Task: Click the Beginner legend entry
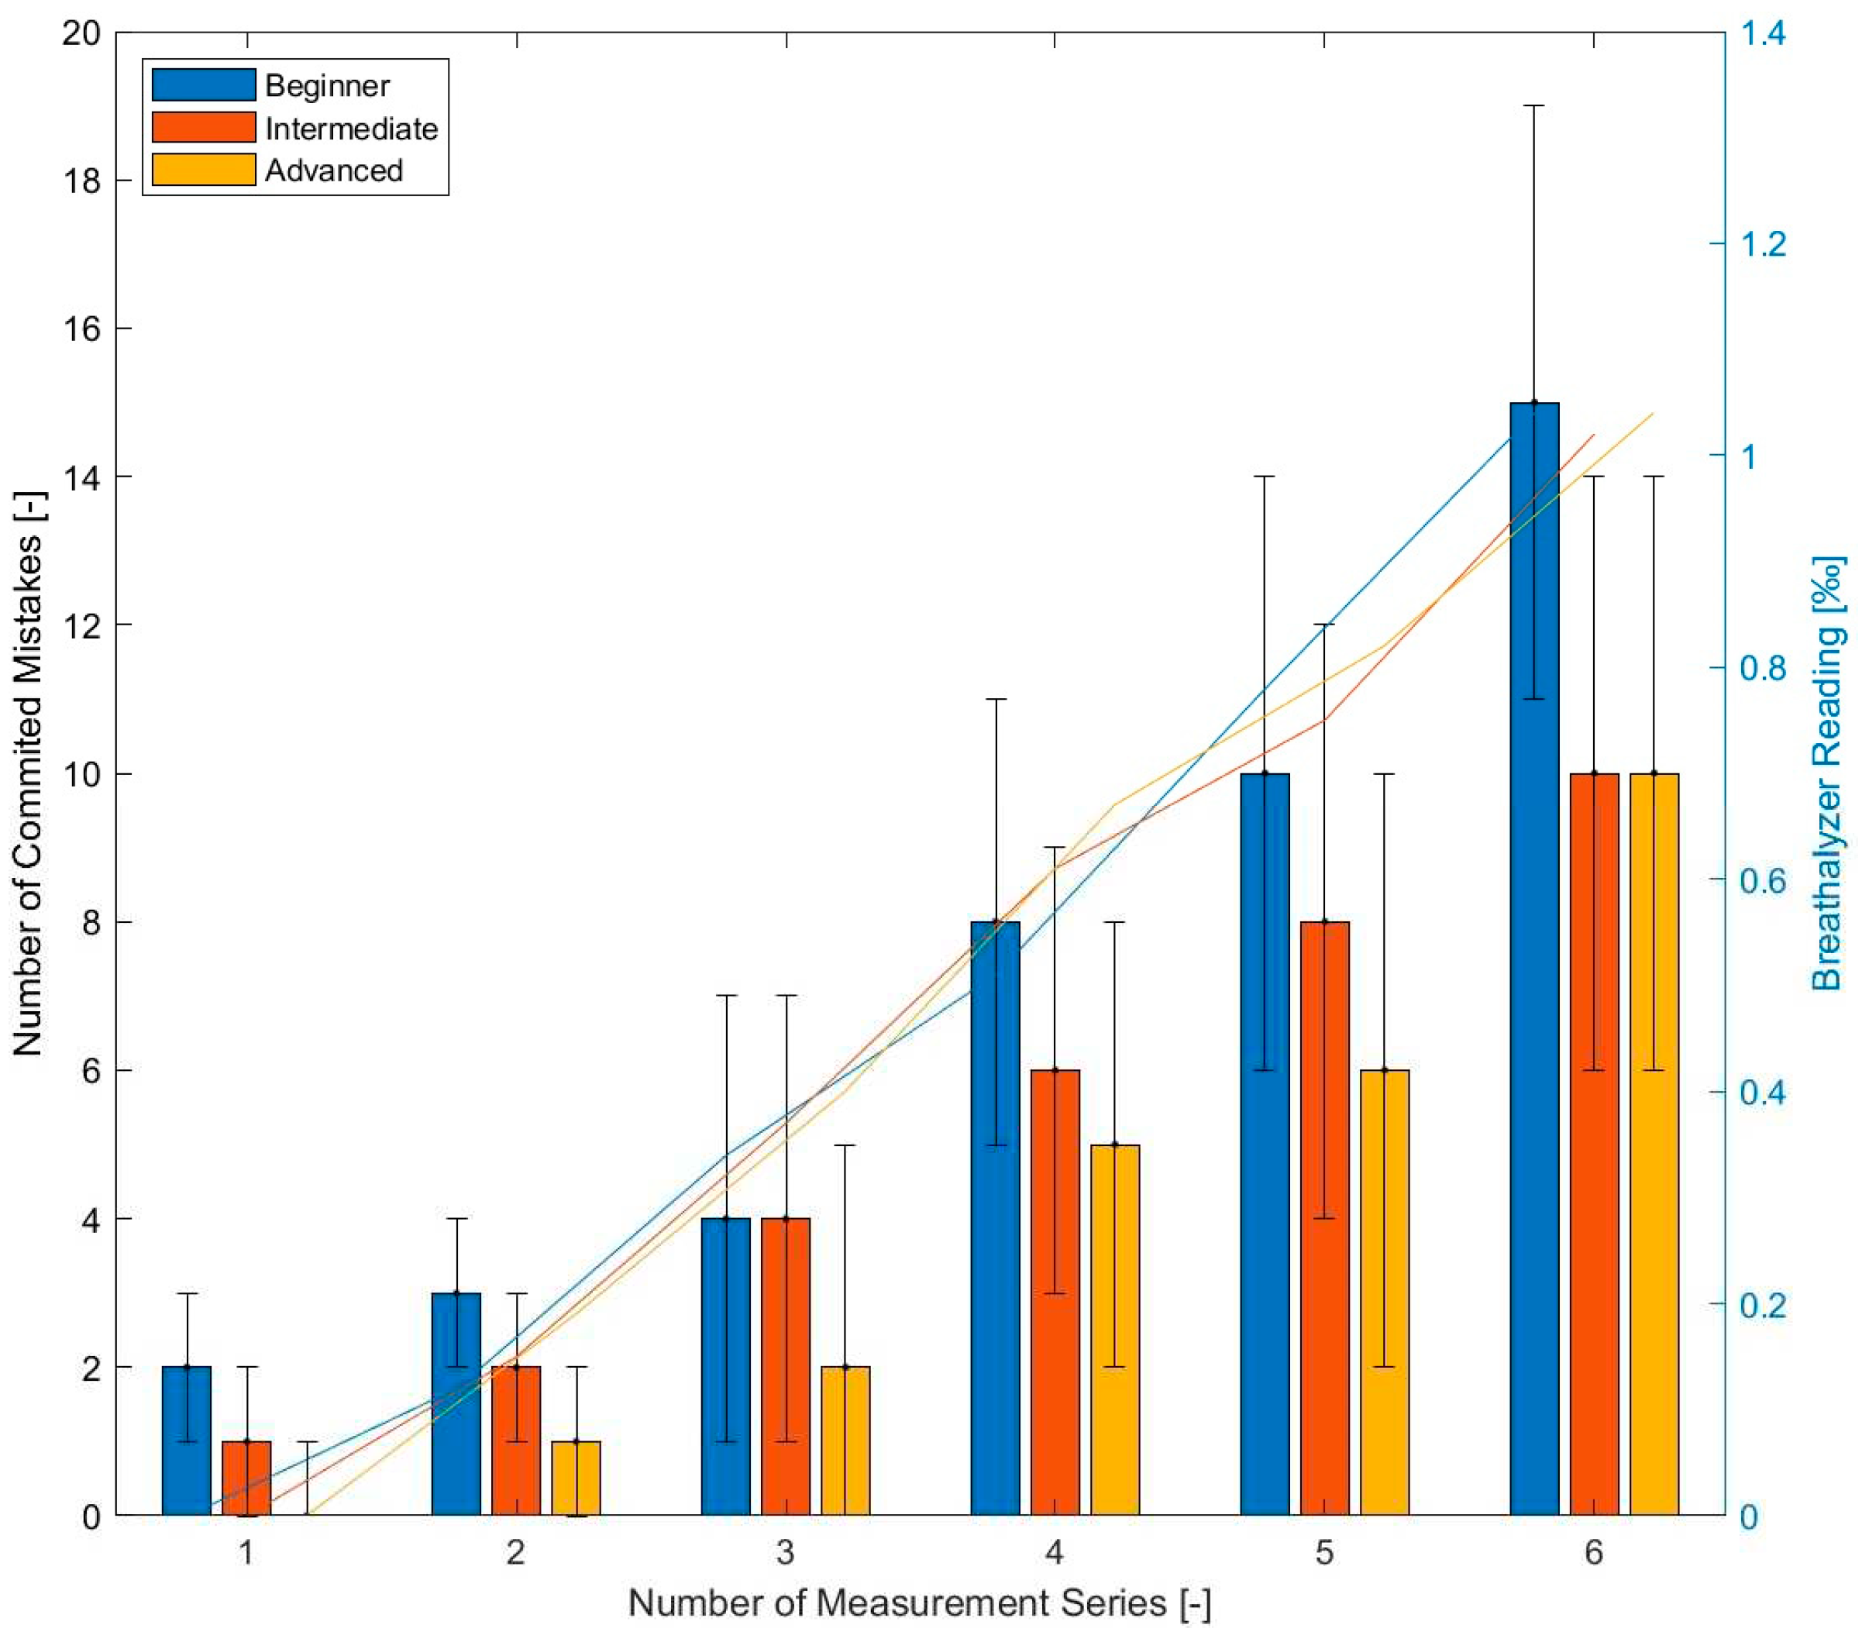326,85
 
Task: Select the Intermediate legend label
351,129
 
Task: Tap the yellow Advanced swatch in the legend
203,170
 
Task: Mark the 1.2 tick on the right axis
1762,244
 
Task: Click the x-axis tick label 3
785,1552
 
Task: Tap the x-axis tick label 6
1594,1552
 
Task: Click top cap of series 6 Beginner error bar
1534,107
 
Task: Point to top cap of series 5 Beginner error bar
1265,477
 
